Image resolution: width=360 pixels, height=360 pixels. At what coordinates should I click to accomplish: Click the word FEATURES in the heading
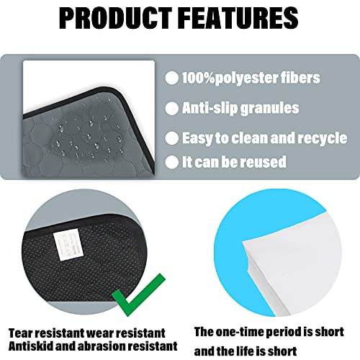click(239, 18)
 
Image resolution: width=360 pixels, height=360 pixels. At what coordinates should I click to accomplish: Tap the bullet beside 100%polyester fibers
click(172, 78)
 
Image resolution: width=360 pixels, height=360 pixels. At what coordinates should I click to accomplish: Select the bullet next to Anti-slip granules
click(172, 108)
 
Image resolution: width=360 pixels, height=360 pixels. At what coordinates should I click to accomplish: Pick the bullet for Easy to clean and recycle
click(172, 138)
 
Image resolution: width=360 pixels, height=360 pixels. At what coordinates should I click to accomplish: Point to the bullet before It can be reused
click(172, 162)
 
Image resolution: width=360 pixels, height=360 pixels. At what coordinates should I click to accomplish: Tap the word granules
click(270, 109)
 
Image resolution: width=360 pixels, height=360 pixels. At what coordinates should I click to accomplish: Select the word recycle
click(323, 138)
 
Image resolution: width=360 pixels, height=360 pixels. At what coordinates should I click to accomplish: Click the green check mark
click(138, 294)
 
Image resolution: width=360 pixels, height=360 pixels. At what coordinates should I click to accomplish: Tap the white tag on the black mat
click(66, 245)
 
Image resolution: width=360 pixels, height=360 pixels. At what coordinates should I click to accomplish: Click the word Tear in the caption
click(21, 333)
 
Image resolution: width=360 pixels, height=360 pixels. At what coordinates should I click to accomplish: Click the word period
click(282, 333)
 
